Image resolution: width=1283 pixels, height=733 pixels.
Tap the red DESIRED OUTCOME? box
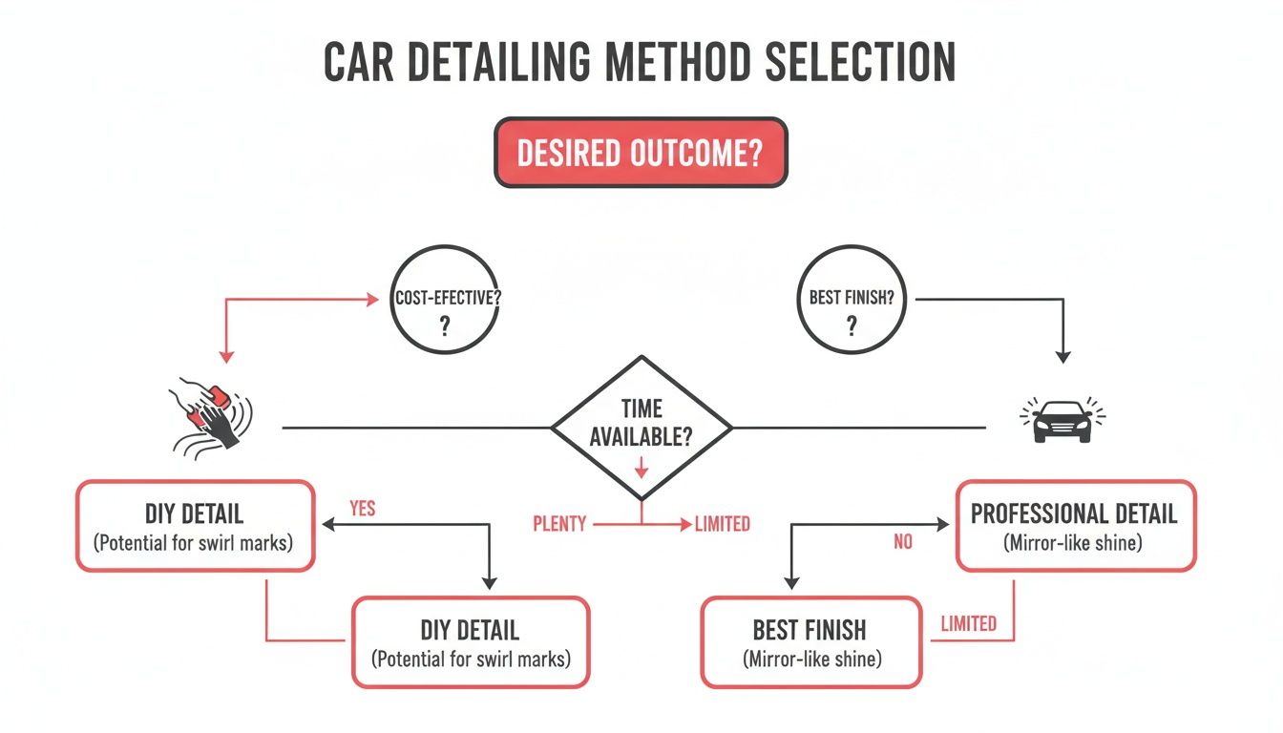click(x=641, y=153)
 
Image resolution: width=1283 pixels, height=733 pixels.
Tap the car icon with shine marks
click(x=1062, y=420)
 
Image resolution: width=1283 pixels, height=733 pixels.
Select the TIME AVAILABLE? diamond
click(x=641, y=427)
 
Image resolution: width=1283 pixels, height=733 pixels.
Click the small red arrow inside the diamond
click(x=641, y=468)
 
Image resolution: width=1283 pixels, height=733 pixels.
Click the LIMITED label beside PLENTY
click(x=722, y=524)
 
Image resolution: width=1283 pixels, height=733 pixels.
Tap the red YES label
click(x=363, y=509)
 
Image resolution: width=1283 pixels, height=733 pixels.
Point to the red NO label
click(x=903, y=542)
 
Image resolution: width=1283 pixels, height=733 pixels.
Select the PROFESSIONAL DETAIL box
click(x=1075, y=526)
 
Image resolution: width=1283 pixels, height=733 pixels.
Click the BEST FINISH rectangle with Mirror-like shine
click(x=810, y=641)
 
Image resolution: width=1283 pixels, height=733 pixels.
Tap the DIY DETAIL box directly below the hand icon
click(x=195, y=526)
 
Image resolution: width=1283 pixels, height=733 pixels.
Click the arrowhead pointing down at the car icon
click(x=1062, y=358)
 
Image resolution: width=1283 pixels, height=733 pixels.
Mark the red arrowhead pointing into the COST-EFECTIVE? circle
click(x=373, y=300)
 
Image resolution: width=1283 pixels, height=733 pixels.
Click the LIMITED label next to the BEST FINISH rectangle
click(x=968, y=624)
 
